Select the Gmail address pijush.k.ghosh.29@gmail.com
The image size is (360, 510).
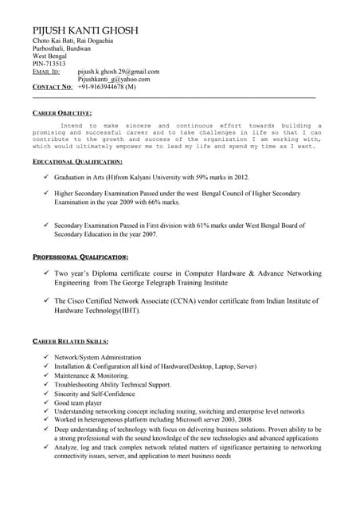123,71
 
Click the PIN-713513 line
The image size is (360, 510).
49,64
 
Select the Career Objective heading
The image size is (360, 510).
62,113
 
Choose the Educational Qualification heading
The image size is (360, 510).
77,162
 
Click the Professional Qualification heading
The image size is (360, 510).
80,257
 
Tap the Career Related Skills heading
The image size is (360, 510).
71,341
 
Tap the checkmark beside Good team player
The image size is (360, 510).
47,402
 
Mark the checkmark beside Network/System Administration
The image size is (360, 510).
47,357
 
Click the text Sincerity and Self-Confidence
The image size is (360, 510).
95,394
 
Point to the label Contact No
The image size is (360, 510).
53,86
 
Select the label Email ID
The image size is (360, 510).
46,72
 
